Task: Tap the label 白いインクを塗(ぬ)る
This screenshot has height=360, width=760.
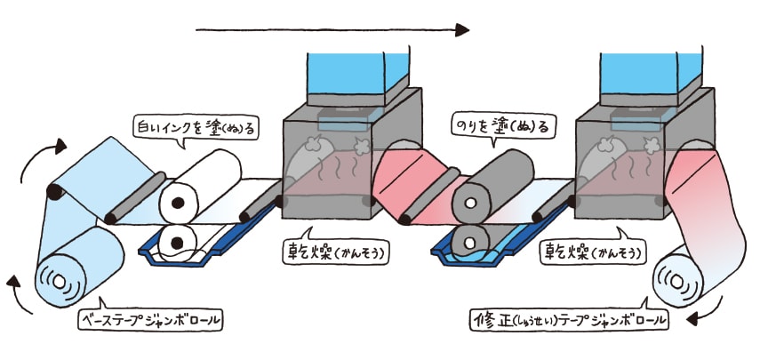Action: coord(196,128)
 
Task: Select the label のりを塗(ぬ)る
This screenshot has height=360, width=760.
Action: coord(498,127)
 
